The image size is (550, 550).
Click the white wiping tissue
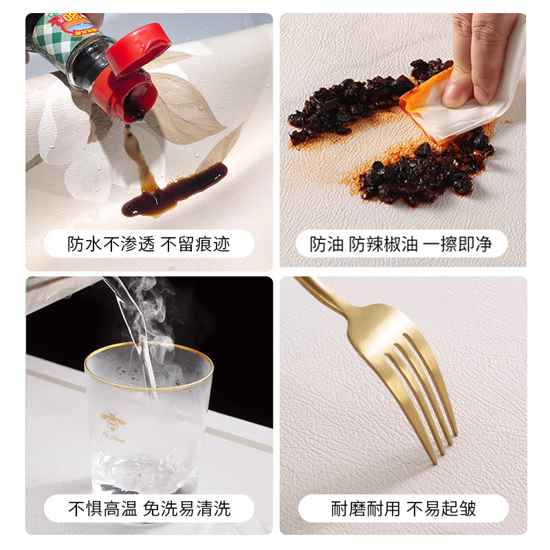point(467,110)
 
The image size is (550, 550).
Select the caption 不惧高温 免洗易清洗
point(149,509)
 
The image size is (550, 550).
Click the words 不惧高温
point(102,509)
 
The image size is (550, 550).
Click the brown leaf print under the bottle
point(186,110)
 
